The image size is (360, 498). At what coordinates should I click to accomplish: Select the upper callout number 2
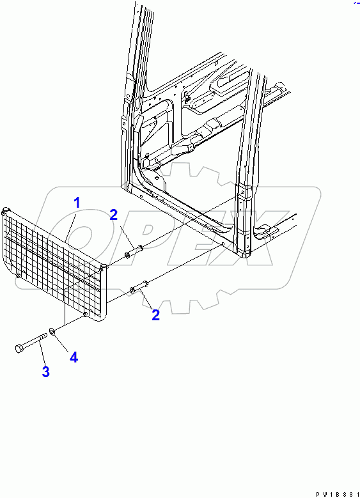tap(113, 215)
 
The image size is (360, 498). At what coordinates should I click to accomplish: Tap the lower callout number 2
tap(155, 315)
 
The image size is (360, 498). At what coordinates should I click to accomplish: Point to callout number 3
tap(45, 372)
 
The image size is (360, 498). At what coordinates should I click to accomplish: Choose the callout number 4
tap(74, 357)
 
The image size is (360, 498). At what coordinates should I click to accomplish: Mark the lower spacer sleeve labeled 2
tap(140, 288)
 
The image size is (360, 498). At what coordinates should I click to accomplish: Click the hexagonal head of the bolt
tap(19, 349)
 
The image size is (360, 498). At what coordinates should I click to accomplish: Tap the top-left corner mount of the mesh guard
tap(6, 210)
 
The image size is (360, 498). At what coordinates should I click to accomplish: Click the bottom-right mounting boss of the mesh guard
tap(86, 315)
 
